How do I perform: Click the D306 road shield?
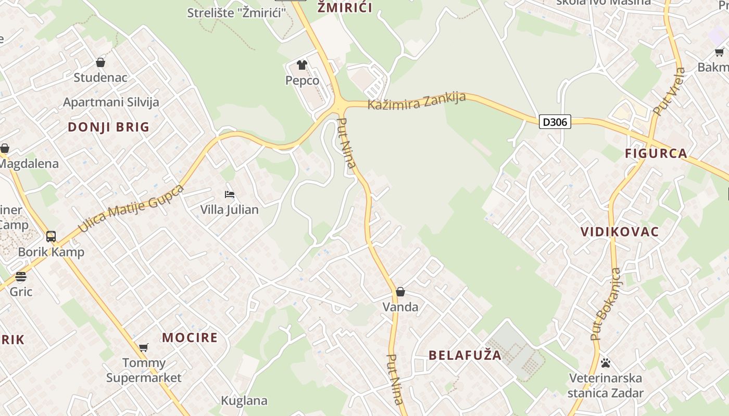point(555,122)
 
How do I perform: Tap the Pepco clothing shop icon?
point(302,65)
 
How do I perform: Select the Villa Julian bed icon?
point(230,194)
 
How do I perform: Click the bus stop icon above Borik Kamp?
point(51,237)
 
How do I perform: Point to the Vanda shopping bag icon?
point(400,292)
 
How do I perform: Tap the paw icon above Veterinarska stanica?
point(605,363)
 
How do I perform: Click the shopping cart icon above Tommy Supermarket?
point(144,347)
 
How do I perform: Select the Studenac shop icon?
point(100,63)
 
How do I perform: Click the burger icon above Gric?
point(21,276)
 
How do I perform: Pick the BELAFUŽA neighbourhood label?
point(465,355)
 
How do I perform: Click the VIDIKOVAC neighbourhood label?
point(620,232)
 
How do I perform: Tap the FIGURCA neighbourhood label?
point(656,153)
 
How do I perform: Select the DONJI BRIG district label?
point(108,127)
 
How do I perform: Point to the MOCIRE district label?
point(190,337)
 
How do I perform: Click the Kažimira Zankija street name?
point(417,100)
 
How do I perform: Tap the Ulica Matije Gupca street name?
point(131,208)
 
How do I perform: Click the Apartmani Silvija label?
point(111,102)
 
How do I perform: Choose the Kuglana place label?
point(244,401)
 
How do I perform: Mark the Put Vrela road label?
point(670,92)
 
